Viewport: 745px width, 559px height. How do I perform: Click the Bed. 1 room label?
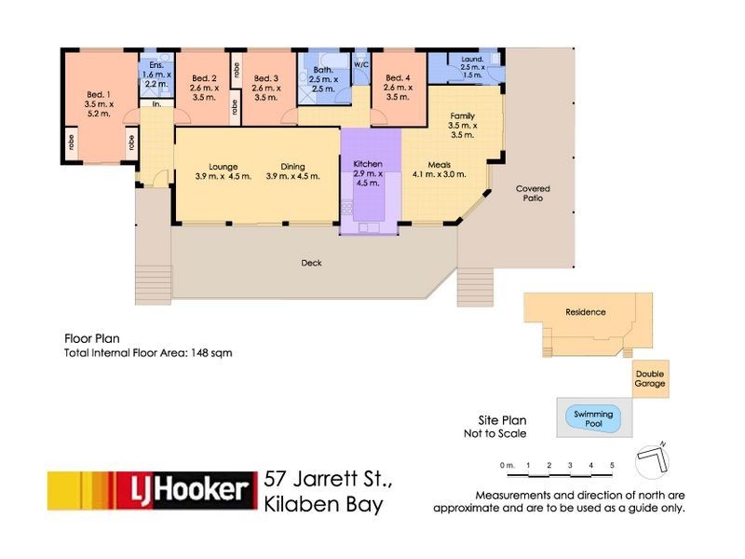(99, 104)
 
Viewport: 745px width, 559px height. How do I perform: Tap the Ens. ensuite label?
(156, 75)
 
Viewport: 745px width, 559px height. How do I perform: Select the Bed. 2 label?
(204, 88)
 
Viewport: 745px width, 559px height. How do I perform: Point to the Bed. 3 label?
(266, 88)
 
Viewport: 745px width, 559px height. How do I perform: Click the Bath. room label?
(323, 79)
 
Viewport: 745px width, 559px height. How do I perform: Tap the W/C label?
(361, 64)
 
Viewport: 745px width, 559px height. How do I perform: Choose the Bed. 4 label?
(398, 87)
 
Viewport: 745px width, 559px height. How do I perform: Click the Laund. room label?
(472, 67)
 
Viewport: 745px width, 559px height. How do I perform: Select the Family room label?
(462, 125)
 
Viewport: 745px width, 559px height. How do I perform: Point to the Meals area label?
(439, 170)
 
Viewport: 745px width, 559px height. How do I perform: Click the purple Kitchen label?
(368, 173)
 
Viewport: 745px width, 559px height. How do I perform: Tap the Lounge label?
(223, 171)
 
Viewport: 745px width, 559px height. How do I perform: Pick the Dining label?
(292, 171)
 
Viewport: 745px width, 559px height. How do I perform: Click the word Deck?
(311, 263)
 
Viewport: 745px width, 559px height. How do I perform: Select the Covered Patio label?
(533, 193)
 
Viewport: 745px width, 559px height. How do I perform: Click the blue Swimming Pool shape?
(593, 418)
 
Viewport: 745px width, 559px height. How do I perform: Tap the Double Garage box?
(650, 379)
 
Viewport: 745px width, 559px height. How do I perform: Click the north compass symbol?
(652, 459)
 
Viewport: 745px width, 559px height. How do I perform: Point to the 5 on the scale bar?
(612, 465)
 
